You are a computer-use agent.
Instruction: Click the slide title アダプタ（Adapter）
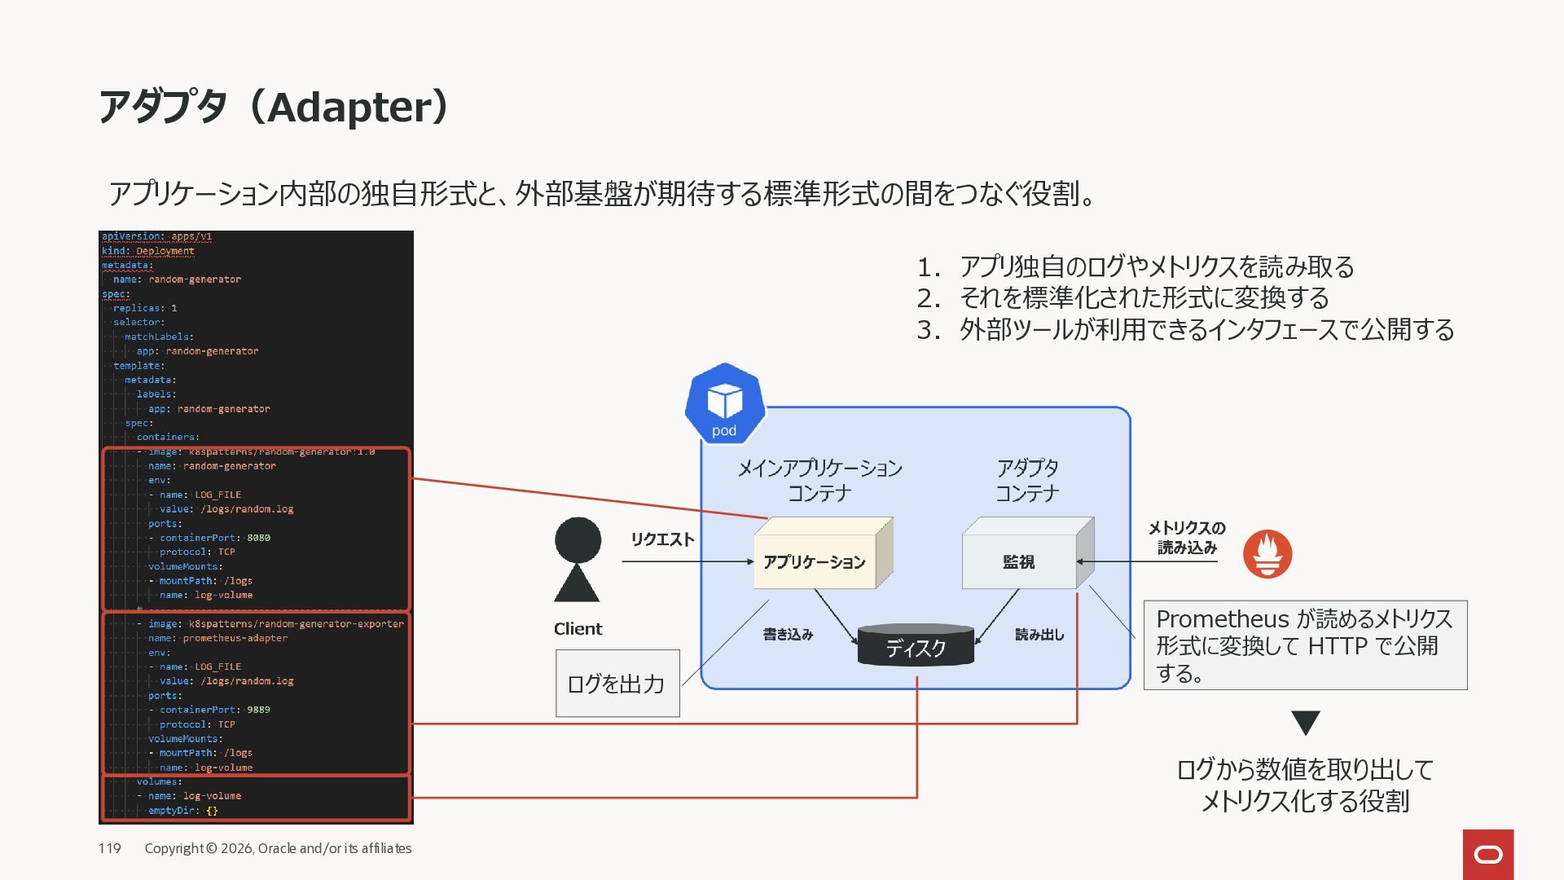tap(274, 107)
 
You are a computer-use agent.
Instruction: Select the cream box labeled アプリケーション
tap(815, 561)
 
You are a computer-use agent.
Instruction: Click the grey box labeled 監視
tap(1019, 561)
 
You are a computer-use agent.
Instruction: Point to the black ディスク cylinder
tap(916, 647)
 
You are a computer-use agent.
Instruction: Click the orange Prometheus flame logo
tap(1267, 554)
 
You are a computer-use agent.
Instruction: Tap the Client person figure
tap(578, 560)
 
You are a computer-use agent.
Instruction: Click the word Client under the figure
tap(578, 629)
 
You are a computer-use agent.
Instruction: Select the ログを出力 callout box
tap(617, 684)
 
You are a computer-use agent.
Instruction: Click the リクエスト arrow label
tap(662, 539)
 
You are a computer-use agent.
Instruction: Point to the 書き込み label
tap(788, 635)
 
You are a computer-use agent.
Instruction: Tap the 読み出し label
tap(1039, 635)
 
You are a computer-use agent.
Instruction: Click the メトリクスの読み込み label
tap(1187, 538)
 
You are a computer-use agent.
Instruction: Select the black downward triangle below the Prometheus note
tap(1305, 722)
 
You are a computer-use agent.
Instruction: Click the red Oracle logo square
tap(1487, 854)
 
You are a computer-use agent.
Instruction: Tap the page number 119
tap(109, 848)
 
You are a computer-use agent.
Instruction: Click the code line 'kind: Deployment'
tap(148, 251)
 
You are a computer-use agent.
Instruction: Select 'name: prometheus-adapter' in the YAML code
tap(217, 638)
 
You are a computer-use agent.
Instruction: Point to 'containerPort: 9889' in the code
tap(214, 710)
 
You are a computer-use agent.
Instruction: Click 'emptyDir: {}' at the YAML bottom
tap(182, 811)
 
